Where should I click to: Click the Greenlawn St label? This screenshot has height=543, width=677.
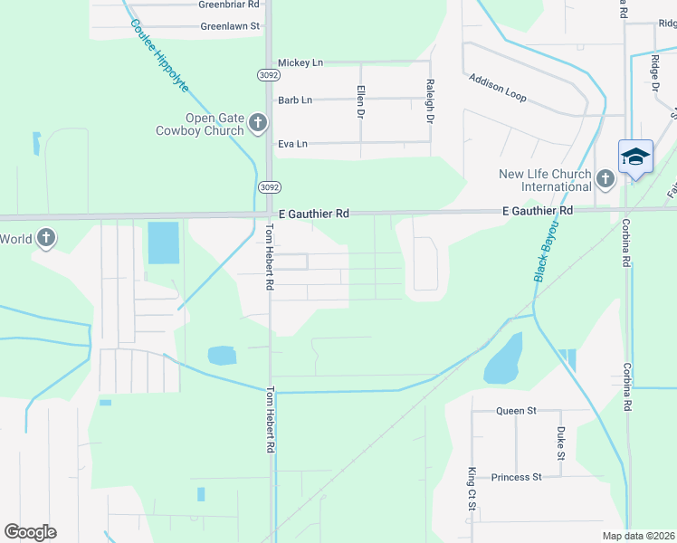[230, 26]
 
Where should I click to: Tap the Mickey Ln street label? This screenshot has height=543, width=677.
[300, 62]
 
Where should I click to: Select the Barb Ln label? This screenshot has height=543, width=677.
[295, 100]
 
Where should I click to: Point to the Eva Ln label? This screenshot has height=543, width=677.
[292, 143]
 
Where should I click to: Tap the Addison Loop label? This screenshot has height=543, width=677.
[497, 87]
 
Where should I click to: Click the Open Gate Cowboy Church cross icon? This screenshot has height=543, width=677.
[258, 122]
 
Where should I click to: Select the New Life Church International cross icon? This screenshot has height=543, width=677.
[605, 178]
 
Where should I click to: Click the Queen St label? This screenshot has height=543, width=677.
[516, 410]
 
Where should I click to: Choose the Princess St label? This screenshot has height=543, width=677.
[516, 477]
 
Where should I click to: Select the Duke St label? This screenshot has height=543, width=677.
[561, 443]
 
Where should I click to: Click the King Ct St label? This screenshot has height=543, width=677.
[472, 489]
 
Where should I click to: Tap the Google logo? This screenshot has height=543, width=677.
[30, 531]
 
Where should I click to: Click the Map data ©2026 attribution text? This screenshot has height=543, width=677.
[639, 536]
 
